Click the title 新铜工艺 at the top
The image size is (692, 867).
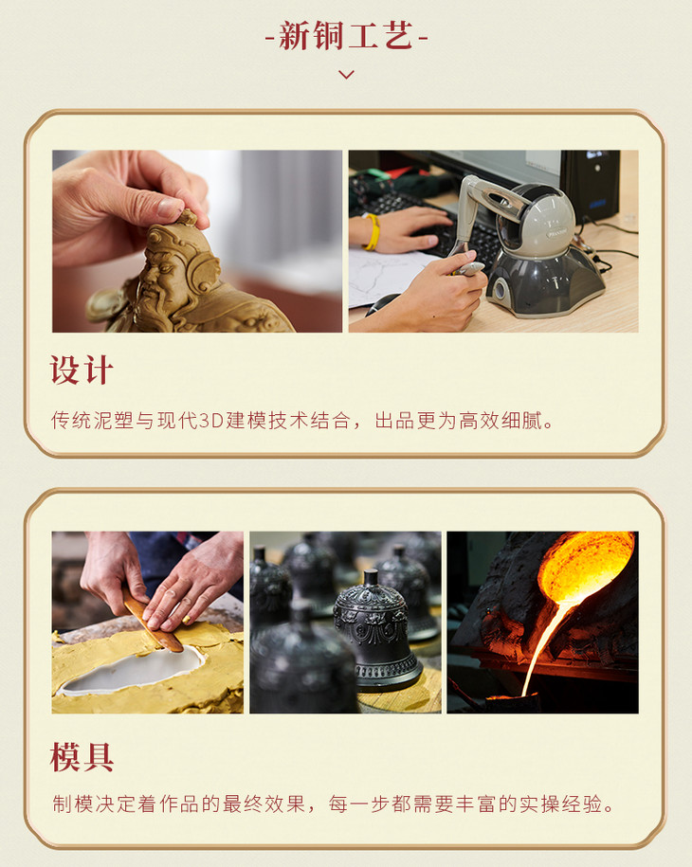[346, 36]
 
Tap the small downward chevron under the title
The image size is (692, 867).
[346, 74]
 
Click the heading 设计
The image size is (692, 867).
[82, 370]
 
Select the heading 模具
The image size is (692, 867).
[82, 756]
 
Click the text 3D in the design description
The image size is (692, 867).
[210, 421]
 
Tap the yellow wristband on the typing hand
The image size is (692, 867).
[373, 231]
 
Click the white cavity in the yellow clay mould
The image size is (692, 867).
[132, 670]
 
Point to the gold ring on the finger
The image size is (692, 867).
[188, 619]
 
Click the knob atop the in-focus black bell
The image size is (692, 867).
[371, 578]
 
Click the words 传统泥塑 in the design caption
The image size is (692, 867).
[92, 421]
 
